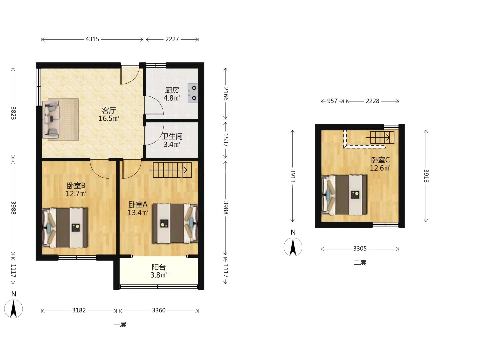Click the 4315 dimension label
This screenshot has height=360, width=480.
(92, 39)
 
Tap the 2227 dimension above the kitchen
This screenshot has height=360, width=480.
(172, 39)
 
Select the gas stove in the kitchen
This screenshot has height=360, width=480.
(193, 93)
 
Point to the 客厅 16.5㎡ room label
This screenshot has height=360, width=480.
(109, 114)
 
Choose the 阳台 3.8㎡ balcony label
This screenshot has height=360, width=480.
(159, 271)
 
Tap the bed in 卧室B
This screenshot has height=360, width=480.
(65, 228)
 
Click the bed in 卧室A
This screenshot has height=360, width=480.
(175, 223)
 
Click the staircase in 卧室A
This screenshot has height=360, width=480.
(172, 170)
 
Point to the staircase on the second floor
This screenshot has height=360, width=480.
(380, 137)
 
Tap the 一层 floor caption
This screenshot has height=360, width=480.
(120, 325)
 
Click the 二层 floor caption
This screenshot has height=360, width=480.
(360, 263)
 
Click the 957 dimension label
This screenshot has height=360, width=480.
(332, 101)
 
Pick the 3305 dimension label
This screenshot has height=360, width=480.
(360, 249)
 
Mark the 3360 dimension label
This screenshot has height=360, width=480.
(159, 310)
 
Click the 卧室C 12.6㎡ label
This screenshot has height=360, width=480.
(380, 164)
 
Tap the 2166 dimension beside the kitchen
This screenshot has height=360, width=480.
(226, 94)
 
